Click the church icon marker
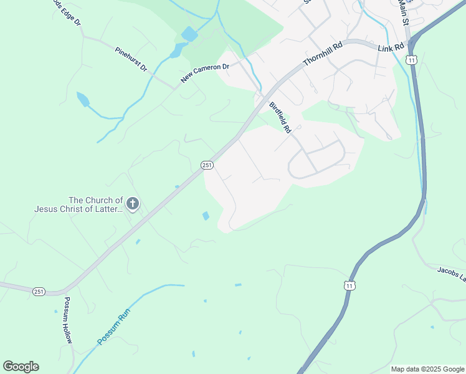point(132,203)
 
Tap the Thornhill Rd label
point(323,54)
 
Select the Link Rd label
point(391,47)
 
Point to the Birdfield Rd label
point(280,118)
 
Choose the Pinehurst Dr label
point(131,59)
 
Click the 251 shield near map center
point(207,165)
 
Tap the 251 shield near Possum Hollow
point(39,291)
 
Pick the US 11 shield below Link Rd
point(411,60)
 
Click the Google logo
point(21,367)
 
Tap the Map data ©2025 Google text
point(427,369)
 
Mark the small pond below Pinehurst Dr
point(82,98)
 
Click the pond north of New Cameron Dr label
point(189,34)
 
